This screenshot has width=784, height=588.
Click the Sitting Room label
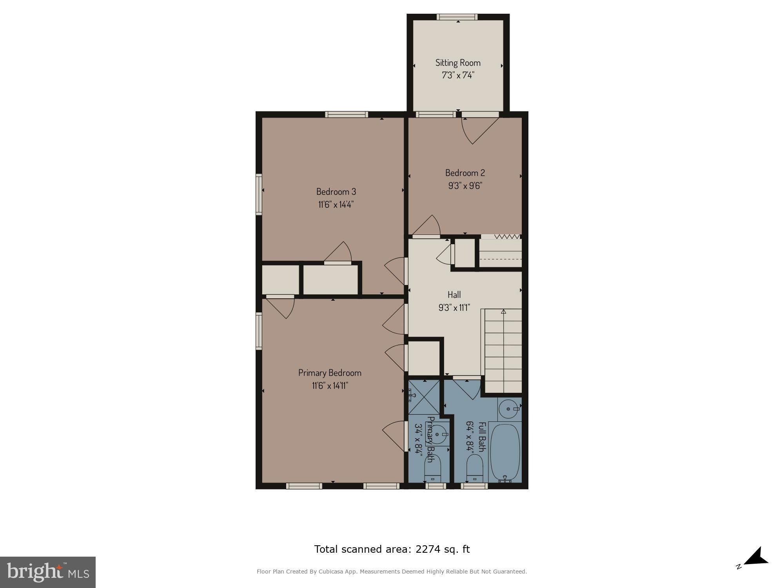tap(458, 63)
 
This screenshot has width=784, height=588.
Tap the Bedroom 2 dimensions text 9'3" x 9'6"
tap(465, 185)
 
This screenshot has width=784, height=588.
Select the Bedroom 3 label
tap(336, 192)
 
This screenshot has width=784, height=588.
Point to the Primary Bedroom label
tap(330, 373)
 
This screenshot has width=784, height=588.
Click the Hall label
tap(454, 294)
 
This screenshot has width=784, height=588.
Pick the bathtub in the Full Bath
tap(505, 453)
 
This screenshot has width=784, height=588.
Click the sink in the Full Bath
tap(509, 409)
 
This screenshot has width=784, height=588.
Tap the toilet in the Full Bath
tap(474, 468)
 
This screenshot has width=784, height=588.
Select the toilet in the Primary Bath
tap(433, 468)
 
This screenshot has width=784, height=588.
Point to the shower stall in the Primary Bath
tap(424, 397)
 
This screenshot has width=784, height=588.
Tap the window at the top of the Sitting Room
tap(457, 17)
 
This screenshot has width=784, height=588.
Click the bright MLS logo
tap(48, 572)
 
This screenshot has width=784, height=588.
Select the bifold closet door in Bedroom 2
tap(501, 237)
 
